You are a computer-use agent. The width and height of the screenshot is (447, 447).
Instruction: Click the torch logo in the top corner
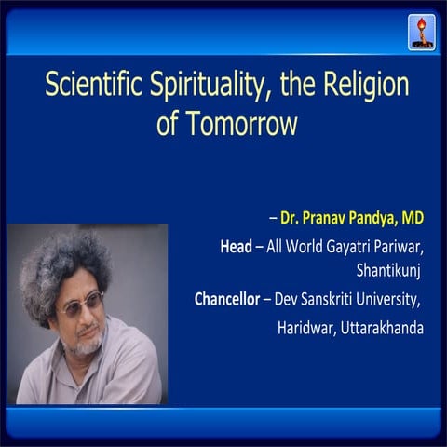[x=421, y=32]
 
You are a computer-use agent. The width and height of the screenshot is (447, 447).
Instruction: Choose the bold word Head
[x=235, y=247]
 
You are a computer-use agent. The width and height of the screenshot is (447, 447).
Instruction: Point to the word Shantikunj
[x=390, y=273]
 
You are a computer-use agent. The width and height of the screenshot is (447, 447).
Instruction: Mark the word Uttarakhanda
[x=383, y=328]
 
